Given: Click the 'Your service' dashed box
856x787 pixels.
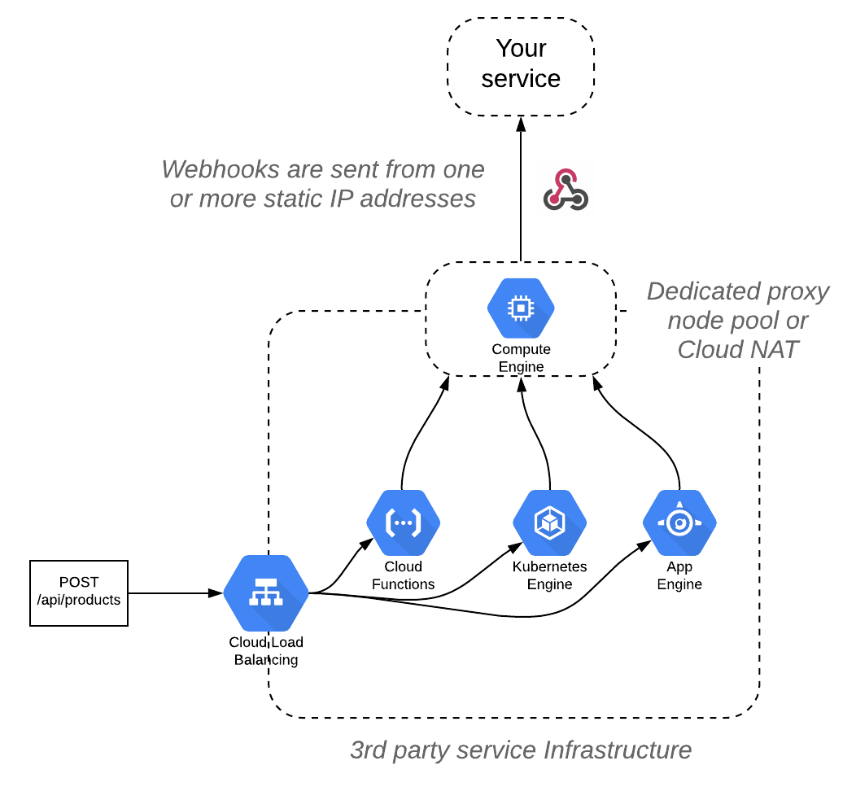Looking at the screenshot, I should pyautogui.click(x=521, y=64).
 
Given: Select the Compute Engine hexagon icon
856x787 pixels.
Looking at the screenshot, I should pyautogui.click(x=521, y=308).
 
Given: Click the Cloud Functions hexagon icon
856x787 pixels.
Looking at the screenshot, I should pyautogui.click(x=403, y=523).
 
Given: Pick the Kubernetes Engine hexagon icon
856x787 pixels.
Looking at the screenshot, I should pyautogui.click(x=549, y=523).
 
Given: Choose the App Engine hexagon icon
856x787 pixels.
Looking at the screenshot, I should pyautogui.click(x=679, y=523).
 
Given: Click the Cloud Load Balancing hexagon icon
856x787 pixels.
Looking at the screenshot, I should pyautogui.click(x=266, y=593).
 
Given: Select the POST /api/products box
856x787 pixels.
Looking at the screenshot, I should pyautogui.click(x=79, y=592).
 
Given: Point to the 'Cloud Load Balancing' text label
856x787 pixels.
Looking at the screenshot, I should pyautogui.click(x=266, y=651).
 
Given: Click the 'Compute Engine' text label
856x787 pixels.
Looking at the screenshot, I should pyautogui.click(x=521, y=358).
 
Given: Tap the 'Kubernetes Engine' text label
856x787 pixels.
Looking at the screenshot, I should pyautogui.click(x=549, y=575).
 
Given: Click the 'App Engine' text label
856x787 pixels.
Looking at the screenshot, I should pyautogui.click(x=679, y=575).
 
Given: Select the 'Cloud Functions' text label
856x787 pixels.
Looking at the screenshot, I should pyautogui.click(x=403, y=575).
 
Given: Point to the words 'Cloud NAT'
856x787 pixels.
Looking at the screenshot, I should pyautogui.click(x=738, y=350).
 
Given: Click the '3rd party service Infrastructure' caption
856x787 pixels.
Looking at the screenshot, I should pyautogui.click(x=521, y=750).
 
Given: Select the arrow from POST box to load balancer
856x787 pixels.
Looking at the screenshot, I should pyautogui.click(x=175, y=593).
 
